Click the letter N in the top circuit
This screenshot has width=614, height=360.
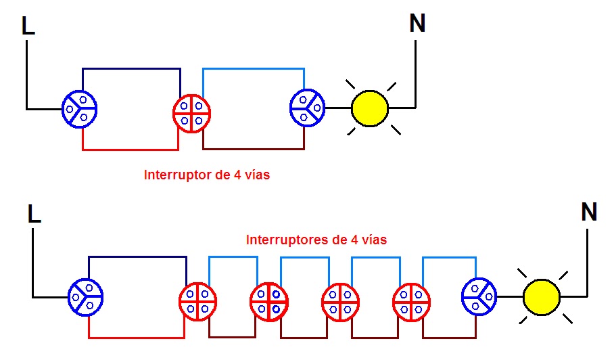pyautogui.click(x=418, y=24)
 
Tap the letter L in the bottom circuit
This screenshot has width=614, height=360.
pyautogui.click(x=34, y=215)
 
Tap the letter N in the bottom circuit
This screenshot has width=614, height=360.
pyautogui.click(x=589, y=212)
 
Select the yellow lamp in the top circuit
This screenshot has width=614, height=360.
pyautogui.click(x=370, y=108)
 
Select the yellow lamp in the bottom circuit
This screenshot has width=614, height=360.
pyautogui.click(x=542, y=297)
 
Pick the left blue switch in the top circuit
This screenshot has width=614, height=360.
pyautogui.click(x=79, y=108)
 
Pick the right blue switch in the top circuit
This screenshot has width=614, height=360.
pyautogui.click(x=308, y=108)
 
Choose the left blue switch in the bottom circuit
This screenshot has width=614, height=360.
pyautogui.click(x=86, y=297)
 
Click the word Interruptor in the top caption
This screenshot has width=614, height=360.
pyautogui.click(x=173, y=175)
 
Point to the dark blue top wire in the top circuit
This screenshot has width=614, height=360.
pyautogui.click(x=131, y=68)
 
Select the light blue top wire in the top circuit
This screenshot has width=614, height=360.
pyautogui.click(x=254, y=68)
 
